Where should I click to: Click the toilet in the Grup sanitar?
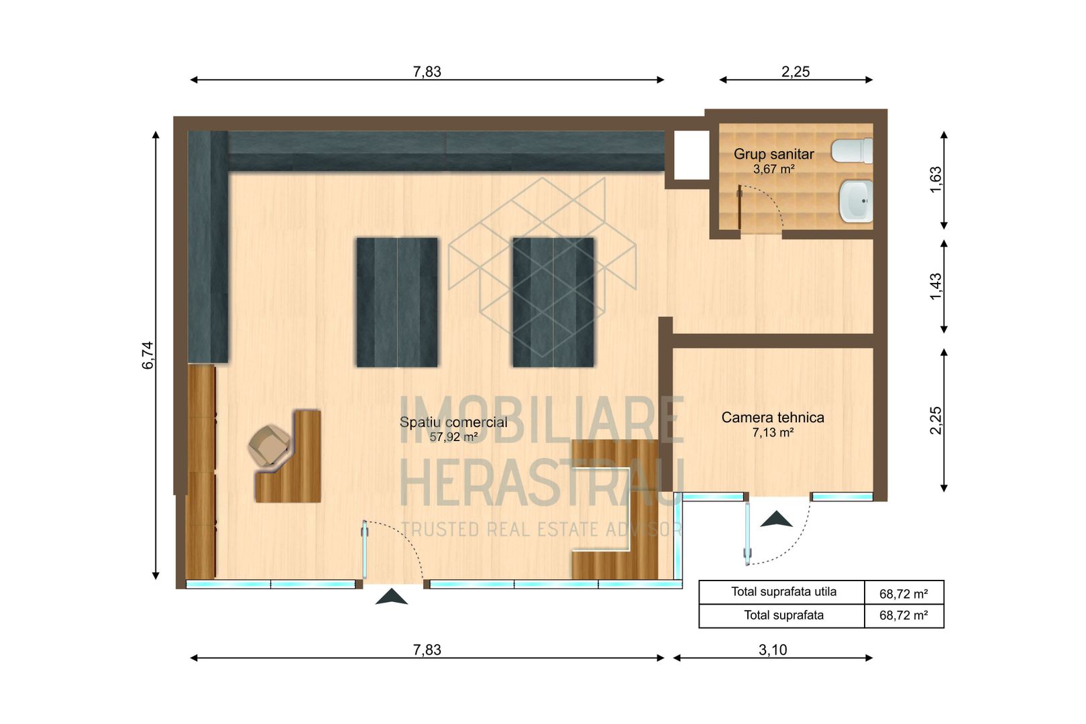pyautogui.click(x=853, y=151)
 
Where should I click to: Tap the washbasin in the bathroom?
pyautogui.click(x=856, y=200)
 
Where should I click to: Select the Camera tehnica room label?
pyautogui.click(x=772, y=417)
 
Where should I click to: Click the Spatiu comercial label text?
pyautogui.click(x=453, y=422)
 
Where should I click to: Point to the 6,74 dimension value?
pyautogui.click(x=148, y=355)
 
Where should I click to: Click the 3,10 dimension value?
pyautogui.click(x=772, y=650)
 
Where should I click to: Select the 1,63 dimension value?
pyautogui.click(x=936, y=179)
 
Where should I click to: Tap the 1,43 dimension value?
pyautogui.click(x=936, y=286)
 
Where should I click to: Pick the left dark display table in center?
pyautogui.click(x=396, y=302)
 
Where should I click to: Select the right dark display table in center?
pyautogui.click(x=553, y=302)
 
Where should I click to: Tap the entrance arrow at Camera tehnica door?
pyautogui.click(x=776, y=519)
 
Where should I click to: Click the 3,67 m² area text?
pyautogui.click(x=773, y=169)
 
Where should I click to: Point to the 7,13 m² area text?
pyautogui.click(x=773, y=433)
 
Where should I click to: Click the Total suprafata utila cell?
pyautogui.click(x=783, y=592)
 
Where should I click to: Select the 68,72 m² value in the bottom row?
pyautogui.click(x=903, y=615)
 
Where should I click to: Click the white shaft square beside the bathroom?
pyautogui.click(x=691, y=155)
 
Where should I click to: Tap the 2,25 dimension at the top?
pyautogui.click(x=795, y=72)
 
